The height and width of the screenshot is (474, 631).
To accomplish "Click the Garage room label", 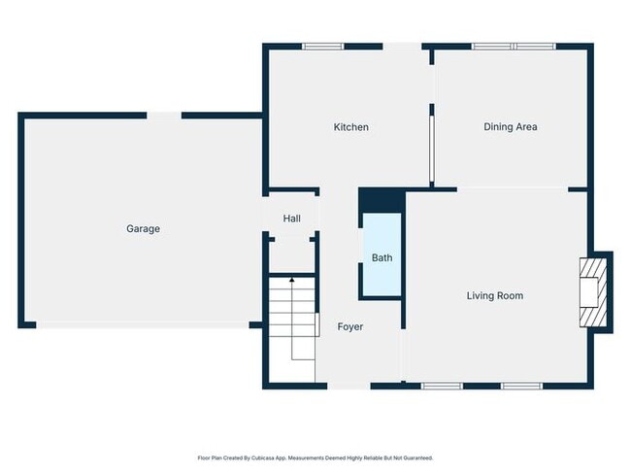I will coord(143,229).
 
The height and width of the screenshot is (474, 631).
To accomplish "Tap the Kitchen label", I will coord(350,127).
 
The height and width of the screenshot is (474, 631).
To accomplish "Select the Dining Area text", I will coord(510,127).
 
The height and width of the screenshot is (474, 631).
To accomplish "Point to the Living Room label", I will coord(494,295).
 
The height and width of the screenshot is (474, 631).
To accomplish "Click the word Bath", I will coord(382,257).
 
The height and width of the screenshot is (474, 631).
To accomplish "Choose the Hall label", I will coord(292,219).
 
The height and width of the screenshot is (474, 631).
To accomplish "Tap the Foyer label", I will coord(350,326).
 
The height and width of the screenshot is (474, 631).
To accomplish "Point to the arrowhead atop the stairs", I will coord(292,280).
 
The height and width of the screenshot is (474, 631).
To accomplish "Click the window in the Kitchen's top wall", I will coord(322,46).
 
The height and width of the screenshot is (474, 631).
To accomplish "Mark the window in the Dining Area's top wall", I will coord(514,46).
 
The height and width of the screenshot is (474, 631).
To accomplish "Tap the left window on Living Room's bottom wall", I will coord(442,386).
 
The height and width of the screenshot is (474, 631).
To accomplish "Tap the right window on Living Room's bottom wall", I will coord(521,386).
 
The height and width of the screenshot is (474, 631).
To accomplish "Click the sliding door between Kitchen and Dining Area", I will coord(431,151).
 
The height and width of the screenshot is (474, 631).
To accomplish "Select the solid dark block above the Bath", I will coord(382,200).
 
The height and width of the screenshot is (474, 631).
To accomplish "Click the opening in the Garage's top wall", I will coord(163,116).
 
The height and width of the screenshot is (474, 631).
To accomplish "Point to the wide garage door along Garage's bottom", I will coord(143,325).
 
